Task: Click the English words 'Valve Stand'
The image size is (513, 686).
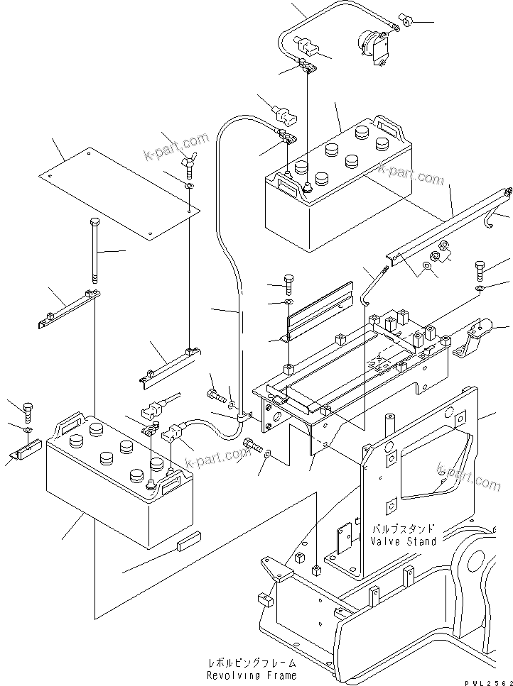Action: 402,541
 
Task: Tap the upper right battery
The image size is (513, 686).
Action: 337,184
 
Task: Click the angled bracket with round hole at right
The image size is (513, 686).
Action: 476,337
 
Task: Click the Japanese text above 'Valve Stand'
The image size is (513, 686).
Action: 402,529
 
